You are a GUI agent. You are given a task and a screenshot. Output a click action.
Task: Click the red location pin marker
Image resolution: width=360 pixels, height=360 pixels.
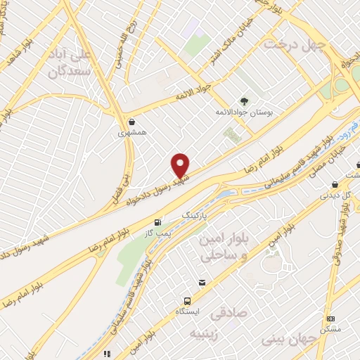[181, 166]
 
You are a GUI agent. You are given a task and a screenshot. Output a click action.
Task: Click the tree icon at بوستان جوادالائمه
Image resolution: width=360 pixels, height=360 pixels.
[244, 101]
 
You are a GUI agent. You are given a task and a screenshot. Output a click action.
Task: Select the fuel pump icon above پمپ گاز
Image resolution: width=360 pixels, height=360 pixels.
[157, 221]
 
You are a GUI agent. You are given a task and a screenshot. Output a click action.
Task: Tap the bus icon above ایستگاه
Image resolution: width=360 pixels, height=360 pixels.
[188, 297]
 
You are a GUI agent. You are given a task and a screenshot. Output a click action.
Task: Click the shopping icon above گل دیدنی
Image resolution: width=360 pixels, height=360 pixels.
[335, 185]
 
